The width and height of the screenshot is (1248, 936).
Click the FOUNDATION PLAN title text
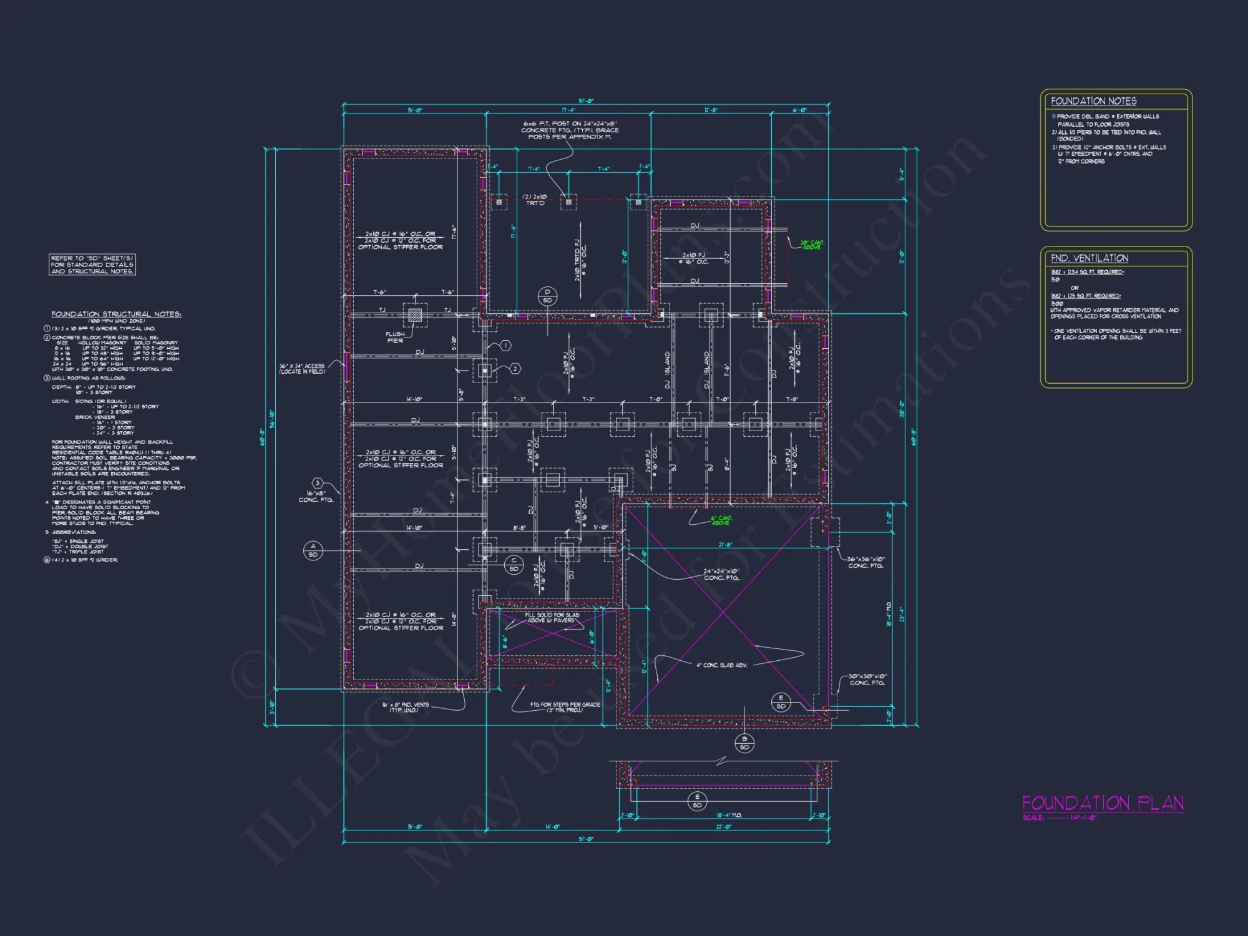[1102, 803]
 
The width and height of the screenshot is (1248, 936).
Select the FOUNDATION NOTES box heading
[1093, 101]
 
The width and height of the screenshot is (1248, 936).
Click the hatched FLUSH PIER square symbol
[415, 315]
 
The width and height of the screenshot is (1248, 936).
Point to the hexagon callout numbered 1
[505, 345]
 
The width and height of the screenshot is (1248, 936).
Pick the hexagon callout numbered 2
[515, 369]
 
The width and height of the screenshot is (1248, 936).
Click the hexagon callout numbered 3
[318, 483]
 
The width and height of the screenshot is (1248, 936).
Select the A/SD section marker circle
[313, 550]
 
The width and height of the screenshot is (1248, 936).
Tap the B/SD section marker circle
[744, 743]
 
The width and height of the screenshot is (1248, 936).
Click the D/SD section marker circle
[547, 296]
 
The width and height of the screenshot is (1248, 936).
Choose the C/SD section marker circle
[514, 565]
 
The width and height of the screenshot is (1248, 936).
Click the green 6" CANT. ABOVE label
[721, 520]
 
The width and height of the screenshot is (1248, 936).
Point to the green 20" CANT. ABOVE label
[812, 245]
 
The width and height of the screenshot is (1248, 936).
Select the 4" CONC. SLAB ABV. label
[721, 665]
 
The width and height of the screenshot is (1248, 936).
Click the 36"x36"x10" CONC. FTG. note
[865, 562]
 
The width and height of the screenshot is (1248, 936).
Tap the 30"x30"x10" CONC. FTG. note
[867, 680]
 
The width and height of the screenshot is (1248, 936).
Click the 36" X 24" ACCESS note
[302, 369]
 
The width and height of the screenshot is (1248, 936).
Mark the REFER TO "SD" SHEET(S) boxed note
[92, 265]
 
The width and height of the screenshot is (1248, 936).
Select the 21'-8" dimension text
[724, 545]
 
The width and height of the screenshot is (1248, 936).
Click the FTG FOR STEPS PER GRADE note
[565, 707]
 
